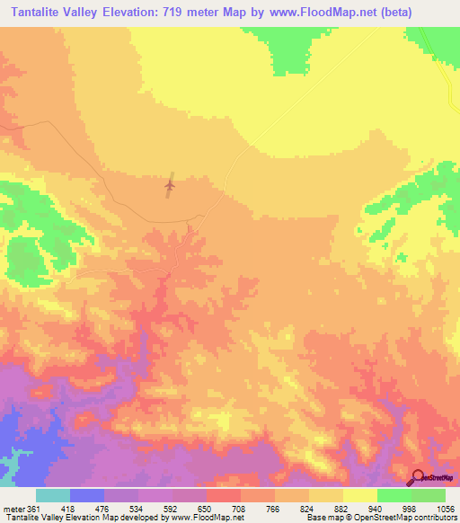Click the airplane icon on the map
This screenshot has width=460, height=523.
point(170,186)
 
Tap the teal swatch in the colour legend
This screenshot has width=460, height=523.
point(53,496)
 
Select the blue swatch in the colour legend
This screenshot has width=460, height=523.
point(87,496)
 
